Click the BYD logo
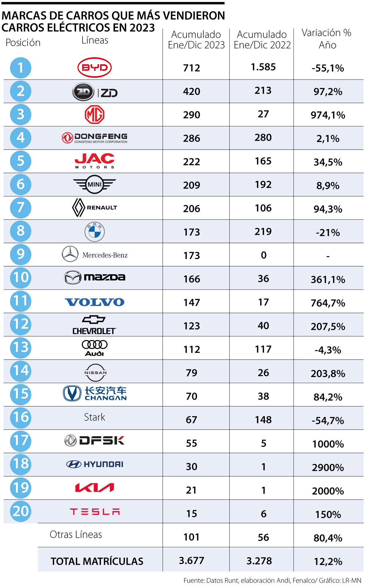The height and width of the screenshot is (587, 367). point(95,67)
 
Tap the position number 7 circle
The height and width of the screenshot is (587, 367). point(20,208)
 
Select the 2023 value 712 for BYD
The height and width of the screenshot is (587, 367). point(191,68)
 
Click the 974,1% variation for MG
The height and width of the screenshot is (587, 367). point(328,115)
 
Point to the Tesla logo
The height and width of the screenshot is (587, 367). point(95,511)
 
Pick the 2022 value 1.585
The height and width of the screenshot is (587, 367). point(263,67)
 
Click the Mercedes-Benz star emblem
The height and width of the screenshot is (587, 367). point(70,254)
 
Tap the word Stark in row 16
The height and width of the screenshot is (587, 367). point(95,417)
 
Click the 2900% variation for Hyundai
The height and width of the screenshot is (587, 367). point(328,467)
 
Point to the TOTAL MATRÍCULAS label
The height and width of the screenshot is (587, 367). point(97,561)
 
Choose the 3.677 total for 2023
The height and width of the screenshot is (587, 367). point(191,560)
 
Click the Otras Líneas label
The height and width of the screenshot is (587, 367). point(76,534)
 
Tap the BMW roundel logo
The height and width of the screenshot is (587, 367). point(95,232)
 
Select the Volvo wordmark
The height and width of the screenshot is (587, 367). point(95,302)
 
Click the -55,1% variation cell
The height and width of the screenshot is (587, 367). point(328,68)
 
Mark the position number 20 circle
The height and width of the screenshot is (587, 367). point(20,511)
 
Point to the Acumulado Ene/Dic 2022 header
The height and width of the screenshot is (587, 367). point(262,39)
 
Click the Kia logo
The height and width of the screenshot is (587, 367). point(95,488)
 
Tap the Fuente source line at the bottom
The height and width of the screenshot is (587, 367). point(272,580)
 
